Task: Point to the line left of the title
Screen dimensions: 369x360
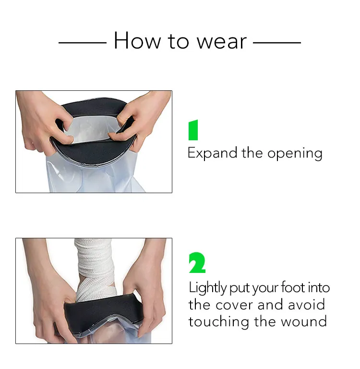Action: pos(82,42)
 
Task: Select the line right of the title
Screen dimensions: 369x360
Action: pos(277,42)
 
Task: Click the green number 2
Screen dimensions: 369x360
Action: pos(197,263)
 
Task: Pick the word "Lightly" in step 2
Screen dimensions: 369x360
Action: pos(207,289)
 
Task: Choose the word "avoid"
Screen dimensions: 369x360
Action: pos(306,305)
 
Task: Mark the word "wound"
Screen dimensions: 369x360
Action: pos(304,321)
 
